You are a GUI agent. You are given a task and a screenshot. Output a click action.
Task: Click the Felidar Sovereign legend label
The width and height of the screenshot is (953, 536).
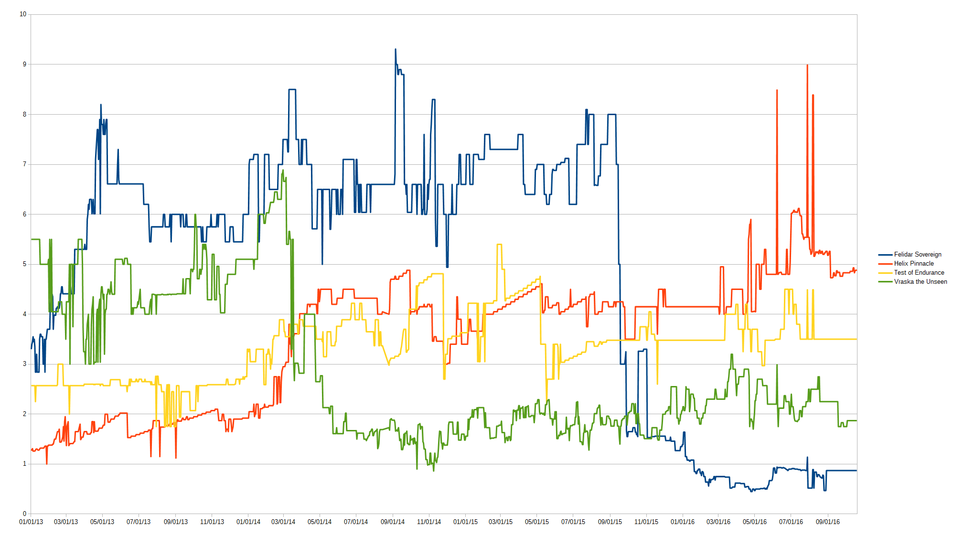point(917,255)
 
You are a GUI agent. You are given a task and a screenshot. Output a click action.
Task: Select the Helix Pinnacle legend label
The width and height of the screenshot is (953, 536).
point(913,264)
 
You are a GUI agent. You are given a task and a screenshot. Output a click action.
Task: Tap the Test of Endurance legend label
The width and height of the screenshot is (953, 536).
point(919,273)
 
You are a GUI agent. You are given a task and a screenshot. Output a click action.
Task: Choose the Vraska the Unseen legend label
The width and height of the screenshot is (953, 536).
point(920,282)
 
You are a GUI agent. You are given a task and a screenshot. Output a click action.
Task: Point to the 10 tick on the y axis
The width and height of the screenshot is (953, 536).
point(23,14)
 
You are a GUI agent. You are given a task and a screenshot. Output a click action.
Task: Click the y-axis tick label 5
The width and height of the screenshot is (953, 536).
point(25,264)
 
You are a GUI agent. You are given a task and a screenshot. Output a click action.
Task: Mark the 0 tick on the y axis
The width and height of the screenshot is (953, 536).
point(25,514)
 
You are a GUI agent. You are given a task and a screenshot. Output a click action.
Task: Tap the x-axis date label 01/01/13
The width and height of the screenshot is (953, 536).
point(31,522)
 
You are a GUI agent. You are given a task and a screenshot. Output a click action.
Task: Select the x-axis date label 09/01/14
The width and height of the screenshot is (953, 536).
point(393,522)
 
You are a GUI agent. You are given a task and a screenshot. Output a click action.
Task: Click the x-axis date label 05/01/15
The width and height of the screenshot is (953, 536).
point(537,522)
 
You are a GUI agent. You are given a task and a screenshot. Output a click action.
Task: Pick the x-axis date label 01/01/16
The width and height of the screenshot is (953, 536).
point(683,522)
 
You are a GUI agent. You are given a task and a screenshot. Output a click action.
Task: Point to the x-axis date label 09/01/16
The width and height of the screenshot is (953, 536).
point(828,522)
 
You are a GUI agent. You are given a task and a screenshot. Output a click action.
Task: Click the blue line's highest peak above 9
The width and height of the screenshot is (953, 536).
point(396,49)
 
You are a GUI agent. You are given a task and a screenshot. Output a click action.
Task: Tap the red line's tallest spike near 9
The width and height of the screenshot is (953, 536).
point(807,65)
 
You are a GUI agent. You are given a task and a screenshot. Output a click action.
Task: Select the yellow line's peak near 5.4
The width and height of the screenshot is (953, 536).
point(499,245)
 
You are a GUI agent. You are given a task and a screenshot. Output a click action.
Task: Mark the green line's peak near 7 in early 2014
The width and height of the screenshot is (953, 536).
point(283,170)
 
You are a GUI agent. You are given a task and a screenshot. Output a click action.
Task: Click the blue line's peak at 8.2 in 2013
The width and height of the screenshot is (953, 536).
point(101,105)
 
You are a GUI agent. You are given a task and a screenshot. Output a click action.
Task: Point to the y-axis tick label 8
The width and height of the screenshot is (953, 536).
point(25,115)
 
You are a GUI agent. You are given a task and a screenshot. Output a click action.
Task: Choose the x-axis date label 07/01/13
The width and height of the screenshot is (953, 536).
point(139,522)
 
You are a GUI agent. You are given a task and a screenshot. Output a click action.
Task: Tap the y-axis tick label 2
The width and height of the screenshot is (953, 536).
point(25,414)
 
